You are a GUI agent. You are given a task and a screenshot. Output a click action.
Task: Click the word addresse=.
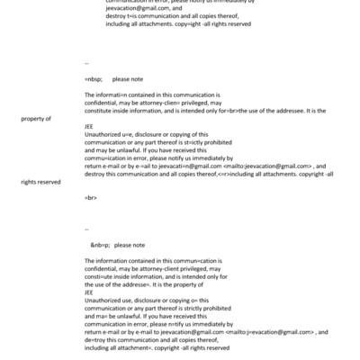[x=132, y=283]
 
